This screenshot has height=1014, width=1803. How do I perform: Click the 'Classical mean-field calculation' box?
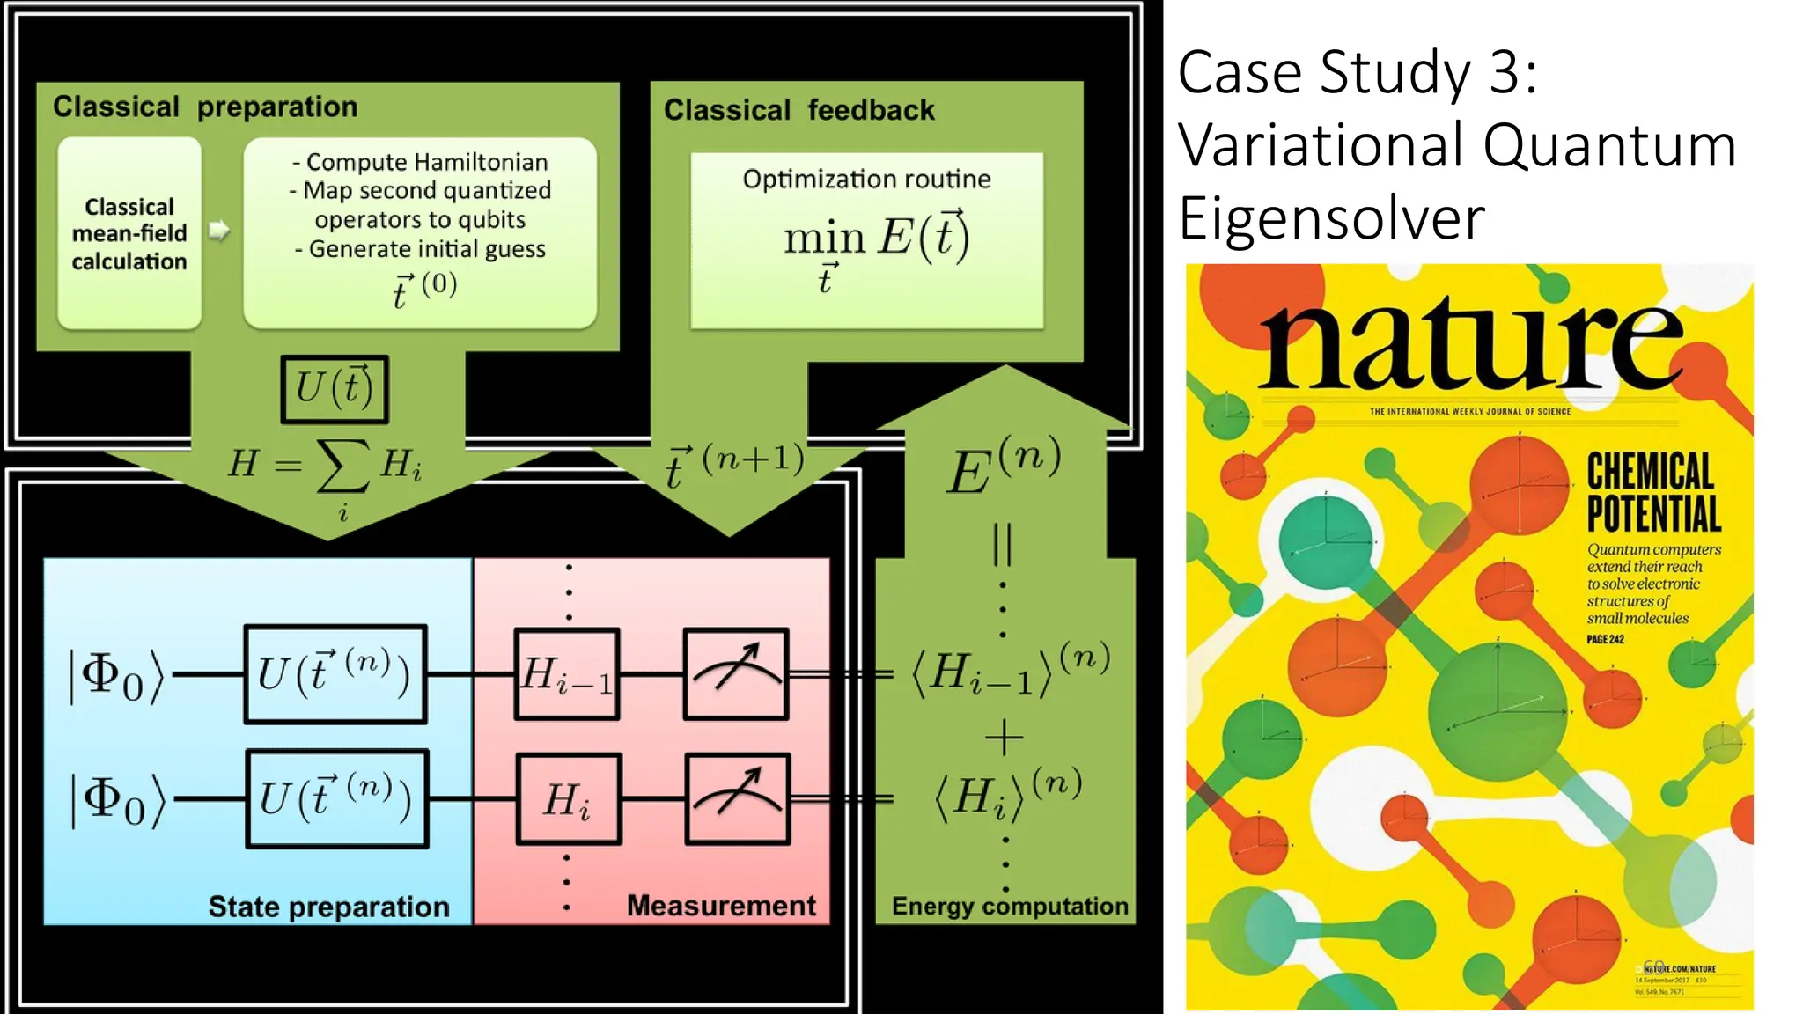pyautogui.click(x=129, y=233)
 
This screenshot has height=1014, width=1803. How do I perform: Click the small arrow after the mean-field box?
pyautogui.click(x=219, y=231)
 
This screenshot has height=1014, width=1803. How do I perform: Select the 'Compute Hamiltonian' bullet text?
pyautogui.click(x=420, y=162)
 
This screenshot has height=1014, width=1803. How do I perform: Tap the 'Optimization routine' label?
pyautogui.click(x=866, y=180)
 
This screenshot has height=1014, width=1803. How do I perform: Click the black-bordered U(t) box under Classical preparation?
pyautogui.click(x=335, y=388)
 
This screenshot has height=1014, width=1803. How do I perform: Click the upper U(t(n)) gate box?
pyautogui.click(x=335, y=674)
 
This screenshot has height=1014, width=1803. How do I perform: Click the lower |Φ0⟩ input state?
pyautogui.click(x=118, y=800)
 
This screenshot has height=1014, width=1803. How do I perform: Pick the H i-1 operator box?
pyautogui.click(x=567, y=674)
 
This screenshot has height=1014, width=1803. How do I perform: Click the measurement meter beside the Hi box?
pyautogui.click(x=737, y=799)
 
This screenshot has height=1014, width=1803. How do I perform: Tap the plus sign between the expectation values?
pyautogui.click(x=1004, y=737)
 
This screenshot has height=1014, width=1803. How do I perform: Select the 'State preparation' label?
pyautogui.click(x=328, y=907)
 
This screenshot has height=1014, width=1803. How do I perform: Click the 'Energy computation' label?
pyautogui.click(x=1010, y=906)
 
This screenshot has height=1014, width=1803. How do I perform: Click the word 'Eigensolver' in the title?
pyautogui.click(x=1331, y=218)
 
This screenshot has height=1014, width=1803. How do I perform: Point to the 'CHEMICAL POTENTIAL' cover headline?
pyautogui.click(x=1652, y=492)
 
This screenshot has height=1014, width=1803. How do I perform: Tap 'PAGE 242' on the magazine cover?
pyautogui.click(x=1605, y=639)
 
